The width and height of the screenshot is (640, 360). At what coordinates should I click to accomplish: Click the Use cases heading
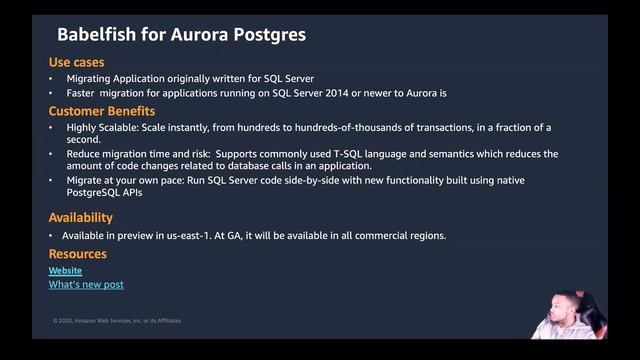76,62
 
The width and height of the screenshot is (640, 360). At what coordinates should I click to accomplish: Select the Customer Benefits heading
102,111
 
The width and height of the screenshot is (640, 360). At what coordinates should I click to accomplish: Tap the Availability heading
81,217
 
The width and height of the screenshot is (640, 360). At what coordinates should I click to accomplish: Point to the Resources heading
78,254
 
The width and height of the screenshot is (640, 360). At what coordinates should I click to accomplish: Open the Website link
66,271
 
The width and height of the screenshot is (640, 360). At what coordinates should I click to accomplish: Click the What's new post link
86,285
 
